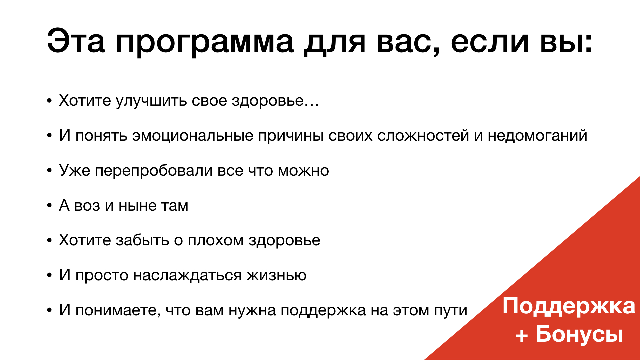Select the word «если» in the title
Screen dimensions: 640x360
(490, 41)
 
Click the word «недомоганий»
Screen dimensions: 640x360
(537, 136)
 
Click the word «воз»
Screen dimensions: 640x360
(87, 206)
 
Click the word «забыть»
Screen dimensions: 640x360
(142, 240)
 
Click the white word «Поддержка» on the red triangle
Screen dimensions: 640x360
(569, 306)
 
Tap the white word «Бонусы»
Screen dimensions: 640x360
(579, 334)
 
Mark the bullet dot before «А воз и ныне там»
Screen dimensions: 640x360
(49, 205)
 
